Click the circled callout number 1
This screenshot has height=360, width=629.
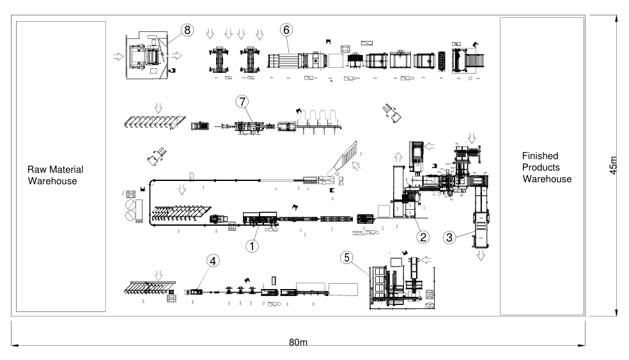pos(254,245)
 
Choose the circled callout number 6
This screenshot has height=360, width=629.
pos(287,30)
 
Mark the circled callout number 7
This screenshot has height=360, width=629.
pos(241,102)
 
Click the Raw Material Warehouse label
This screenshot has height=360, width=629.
pos(56,175)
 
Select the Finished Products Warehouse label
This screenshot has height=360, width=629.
pos(547,168)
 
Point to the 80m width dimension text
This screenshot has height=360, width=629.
pos(298,343)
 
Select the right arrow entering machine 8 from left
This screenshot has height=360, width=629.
pos(118,56)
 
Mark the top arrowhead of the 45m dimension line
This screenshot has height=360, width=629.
pos(616,19)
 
